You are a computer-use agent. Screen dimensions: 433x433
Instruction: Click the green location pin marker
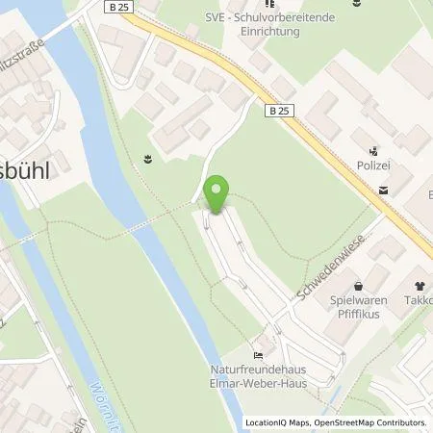[x=216, y=195]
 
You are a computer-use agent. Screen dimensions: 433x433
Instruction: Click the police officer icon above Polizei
[x=374, y=151]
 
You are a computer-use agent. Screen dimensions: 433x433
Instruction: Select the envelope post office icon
[x=384, y=190]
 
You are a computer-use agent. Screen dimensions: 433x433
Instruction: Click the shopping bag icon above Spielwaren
[x=359, y=285]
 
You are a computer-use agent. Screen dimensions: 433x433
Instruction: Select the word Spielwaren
[x=359, y=300]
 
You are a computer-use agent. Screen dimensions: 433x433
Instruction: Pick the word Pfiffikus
[x=359, y=314]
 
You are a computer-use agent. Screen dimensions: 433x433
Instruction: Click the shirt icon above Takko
[x=420, y=285]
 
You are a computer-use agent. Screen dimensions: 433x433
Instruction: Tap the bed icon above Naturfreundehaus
[x=257, y=349]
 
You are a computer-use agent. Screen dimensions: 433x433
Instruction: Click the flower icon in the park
[x=147, y=159]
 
